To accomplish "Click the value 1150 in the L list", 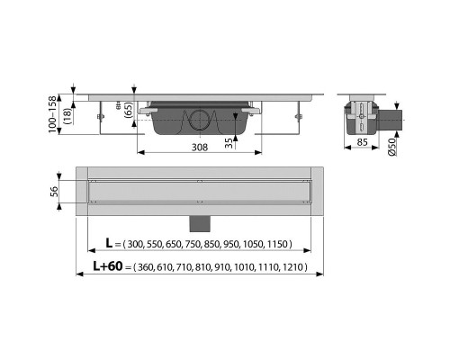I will [295, 245].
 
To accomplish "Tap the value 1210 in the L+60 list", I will [294, 267].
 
